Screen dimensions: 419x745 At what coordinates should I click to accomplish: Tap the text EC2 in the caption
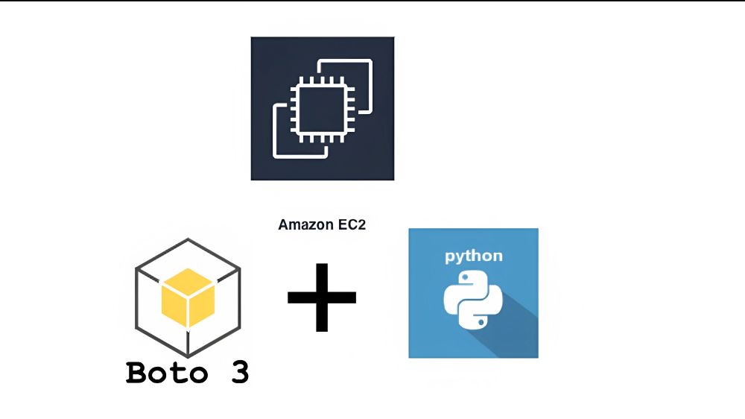pyautogui.click(x=351, y=224)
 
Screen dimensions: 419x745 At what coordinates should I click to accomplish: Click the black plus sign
pyautogui.click(x=322, y=297)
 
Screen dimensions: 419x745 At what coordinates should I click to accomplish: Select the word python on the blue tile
pyautogui.click(x=473, y=256)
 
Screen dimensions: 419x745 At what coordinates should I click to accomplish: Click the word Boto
pyautogui.click(x=166, y=372)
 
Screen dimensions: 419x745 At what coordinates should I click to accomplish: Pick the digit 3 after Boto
pyautogui.click(x=238, y=372)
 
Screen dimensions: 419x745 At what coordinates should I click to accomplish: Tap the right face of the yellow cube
pyautogui.click(x=201, y=306)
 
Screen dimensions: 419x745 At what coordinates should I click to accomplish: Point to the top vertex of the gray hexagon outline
pyautogui.click(x=188, y=239)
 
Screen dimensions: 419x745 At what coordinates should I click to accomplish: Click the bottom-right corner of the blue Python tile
pyautogui.click(x=537, y=356)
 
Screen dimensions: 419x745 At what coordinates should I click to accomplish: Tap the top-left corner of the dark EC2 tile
pyautogui.click(x=253, y=38)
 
